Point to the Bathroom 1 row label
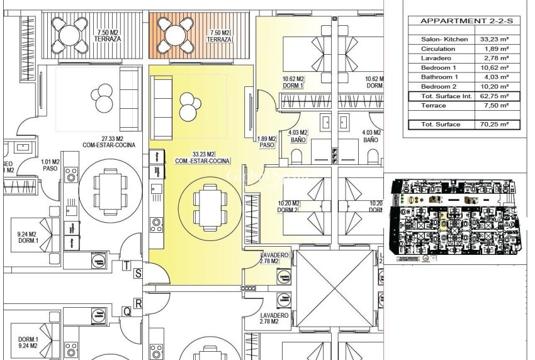(x=439, y=77)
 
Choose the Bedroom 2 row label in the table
(x=439, y=86)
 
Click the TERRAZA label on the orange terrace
(x=220, y=40)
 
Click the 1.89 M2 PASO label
(x=268, y=142)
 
